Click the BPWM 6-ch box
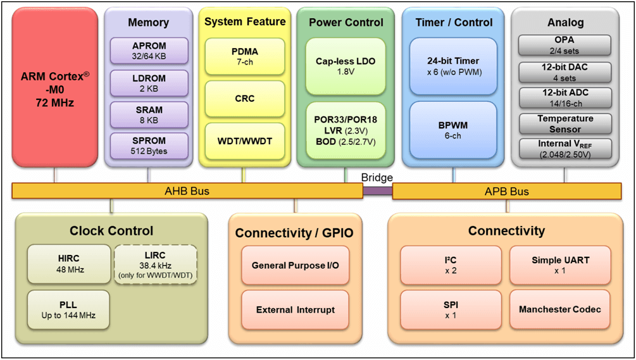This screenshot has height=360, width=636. (x=452, y=131)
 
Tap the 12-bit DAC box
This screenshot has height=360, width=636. (x=565, y=71)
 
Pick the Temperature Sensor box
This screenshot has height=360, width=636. (x=565, y=123)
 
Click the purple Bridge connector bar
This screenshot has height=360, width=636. (x=377, y=191)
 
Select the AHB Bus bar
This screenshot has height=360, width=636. (x=187, y=191)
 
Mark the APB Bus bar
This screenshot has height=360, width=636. (x=506, y=191)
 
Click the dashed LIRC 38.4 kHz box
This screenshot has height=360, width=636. (x=154, y=264)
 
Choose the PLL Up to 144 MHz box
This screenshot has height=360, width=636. (x=68, y=310)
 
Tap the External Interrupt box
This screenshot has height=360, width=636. (x=295, y=310)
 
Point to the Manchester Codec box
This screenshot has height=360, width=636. (x=559, y=309)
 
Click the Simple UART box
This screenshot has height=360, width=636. (x=559, y=264)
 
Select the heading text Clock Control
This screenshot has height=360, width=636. (x=111, y=231)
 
